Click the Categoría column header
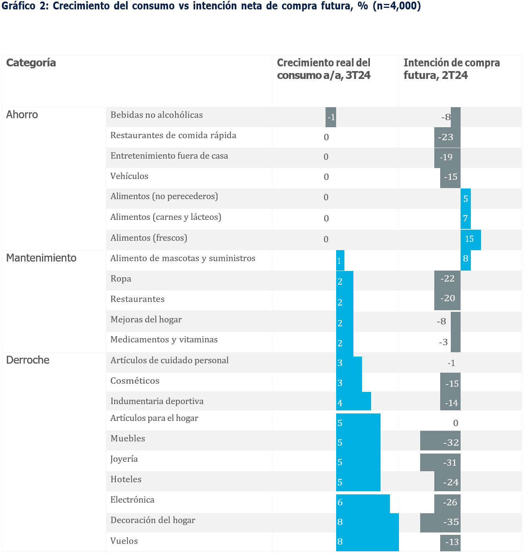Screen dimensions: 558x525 pos(31,63)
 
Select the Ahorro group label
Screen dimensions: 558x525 pos(22,115)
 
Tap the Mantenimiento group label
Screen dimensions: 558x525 pos(41,258)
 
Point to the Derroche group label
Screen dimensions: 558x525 pos(28,360)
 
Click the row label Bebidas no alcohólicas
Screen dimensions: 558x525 pos(157,115)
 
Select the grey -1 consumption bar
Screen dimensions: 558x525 pos(331,117)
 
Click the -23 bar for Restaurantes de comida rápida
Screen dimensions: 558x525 pos(447,137)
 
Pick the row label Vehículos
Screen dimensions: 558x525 pos(129,176)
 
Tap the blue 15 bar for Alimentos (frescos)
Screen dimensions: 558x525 pos(470,239)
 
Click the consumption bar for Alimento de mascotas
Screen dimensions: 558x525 pos(340,261)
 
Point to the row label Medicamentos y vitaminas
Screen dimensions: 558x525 pos(164,340)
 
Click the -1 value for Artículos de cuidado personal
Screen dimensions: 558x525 pos(452,363)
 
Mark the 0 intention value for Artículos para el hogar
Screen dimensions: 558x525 pos(455,423)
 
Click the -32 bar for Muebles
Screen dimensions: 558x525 pos(440,443)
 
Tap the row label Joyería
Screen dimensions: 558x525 pos(124,459)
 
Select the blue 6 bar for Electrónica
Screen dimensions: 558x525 pos(363,503)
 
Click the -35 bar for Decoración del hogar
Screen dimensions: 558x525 pos(440,522)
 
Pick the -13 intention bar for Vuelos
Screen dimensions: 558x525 pos(450,542)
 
